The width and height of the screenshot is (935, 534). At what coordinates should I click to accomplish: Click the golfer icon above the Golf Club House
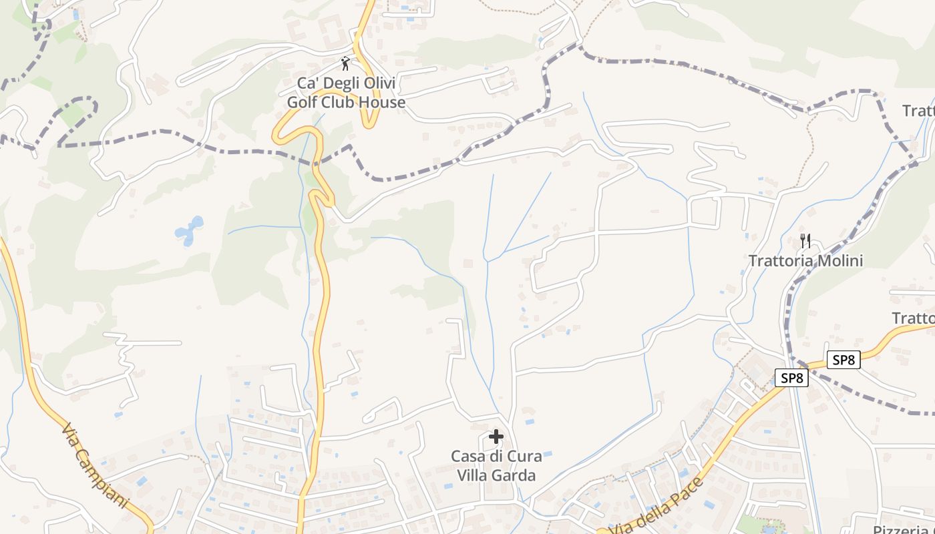[x=345, y=63]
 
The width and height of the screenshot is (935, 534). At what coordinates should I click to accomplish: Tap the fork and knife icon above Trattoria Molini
[x=805, y=240]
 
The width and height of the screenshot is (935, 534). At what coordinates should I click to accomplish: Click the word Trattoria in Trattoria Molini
[x=779, y=260]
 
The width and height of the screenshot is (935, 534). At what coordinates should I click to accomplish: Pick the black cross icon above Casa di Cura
[x=496, y=437]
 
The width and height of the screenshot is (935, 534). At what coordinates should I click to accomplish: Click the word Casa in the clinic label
[x=468, y=457]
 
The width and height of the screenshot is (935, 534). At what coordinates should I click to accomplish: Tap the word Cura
[x=526, y=457]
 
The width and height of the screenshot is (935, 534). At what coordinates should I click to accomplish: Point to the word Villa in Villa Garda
[x=474, y=475]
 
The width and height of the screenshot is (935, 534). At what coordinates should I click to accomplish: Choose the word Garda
[x=515, y=475]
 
